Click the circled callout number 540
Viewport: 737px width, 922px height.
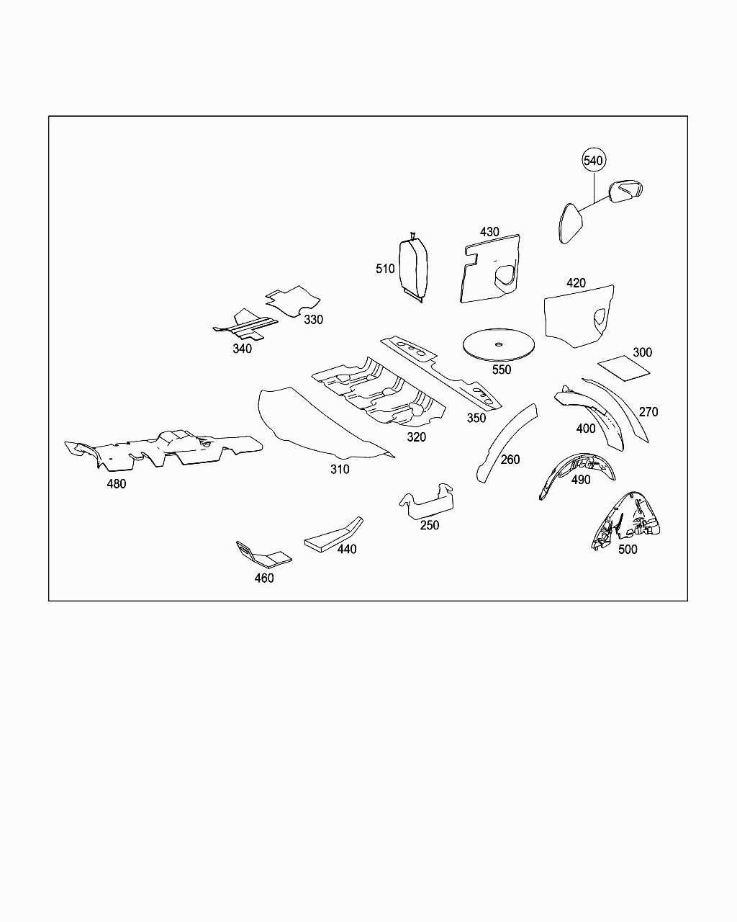tap(593, 160)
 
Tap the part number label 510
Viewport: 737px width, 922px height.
tap(385, 269)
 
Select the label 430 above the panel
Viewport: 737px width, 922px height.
tap(489, 232)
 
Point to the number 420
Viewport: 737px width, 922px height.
tap(576, 283)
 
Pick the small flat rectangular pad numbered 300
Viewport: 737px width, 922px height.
tap(624, 367)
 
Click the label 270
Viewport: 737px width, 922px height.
tap(648, 412)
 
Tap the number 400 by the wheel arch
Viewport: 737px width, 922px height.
tap(586, 429)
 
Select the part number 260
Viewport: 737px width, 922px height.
tap(510, 460)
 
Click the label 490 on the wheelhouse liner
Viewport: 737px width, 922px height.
tap(581, 480)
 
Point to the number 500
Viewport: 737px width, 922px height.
tap(628, 550)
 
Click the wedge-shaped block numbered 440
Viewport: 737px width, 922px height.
tap(334, 534)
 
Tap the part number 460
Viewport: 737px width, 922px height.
tap(264, 578)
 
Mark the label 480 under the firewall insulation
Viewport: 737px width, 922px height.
tap(117, 484)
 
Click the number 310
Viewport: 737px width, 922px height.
tap(340, 469)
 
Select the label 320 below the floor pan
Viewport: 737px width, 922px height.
tap(416, 437)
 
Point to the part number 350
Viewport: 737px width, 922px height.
tap(476, 418)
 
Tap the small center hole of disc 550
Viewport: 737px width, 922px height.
tap(498, 344)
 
